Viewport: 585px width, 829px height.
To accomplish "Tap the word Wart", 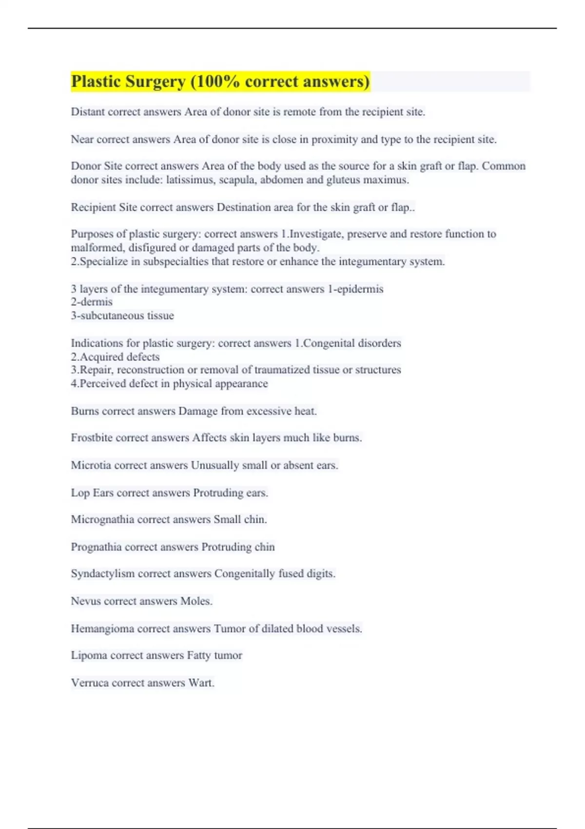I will coord(201,683).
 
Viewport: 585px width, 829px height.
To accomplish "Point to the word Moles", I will coord(196,601).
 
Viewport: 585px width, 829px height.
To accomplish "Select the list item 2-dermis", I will coord(92,302).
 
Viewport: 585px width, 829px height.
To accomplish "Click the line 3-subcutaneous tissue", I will coord(122,316).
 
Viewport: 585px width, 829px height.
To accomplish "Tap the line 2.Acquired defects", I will coord(115,357).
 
